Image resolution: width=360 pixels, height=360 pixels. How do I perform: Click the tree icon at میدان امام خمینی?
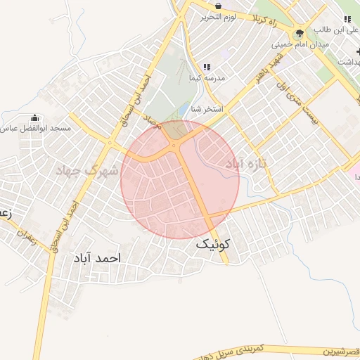tap(300, 33)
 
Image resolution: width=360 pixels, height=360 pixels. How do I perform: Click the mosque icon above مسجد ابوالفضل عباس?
tap(35, 117)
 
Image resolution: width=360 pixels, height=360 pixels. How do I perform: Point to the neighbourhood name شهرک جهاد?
tap(88, 169)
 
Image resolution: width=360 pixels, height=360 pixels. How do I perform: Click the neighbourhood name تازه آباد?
tap(243, 163)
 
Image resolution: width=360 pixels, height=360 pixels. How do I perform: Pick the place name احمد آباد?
tap(96, 258)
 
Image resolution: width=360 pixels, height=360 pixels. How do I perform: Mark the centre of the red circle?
tap(180, 180)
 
